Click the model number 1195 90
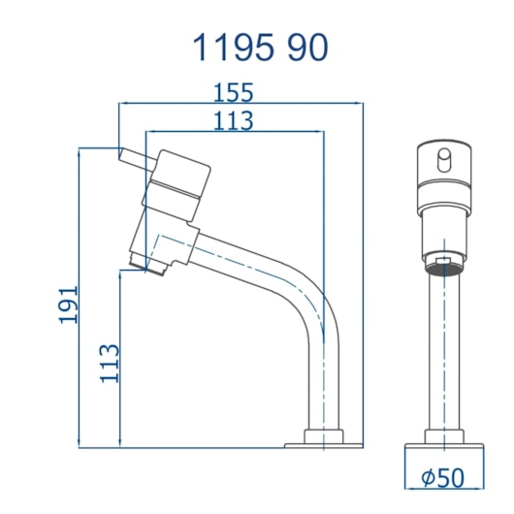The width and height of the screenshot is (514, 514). [260, 48]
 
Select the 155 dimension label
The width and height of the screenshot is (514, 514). [233, 92]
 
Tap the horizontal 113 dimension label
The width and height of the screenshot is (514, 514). [233, 120]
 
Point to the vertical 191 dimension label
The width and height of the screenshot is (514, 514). [69, 305]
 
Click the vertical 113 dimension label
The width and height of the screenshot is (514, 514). [110, 364]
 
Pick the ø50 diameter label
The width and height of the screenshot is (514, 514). [443, 477]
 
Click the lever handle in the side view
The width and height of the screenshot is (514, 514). [135, 160]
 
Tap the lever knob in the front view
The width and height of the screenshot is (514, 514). [444, 160]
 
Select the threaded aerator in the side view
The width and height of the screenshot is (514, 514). [147, 263]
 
